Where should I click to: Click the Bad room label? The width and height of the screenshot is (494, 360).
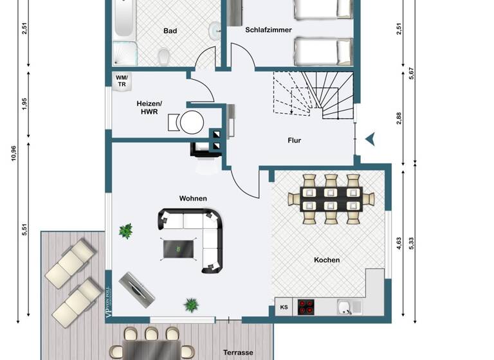pos(170,30)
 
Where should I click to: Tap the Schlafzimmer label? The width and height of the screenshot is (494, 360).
pos(268,30)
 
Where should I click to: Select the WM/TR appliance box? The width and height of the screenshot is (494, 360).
pos(122,80)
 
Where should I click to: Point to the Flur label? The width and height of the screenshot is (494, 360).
pos(294,140)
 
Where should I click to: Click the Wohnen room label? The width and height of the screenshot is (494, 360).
pos(193,199)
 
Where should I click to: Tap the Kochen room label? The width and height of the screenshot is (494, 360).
pos(327,260)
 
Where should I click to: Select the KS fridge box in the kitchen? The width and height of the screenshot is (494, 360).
pos(284,307)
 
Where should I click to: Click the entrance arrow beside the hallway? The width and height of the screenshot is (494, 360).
pos(370,138)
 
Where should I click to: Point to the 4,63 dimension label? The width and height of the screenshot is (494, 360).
pos(399,242)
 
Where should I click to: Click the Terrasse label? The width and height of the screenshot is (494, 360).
pos(237,352)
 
